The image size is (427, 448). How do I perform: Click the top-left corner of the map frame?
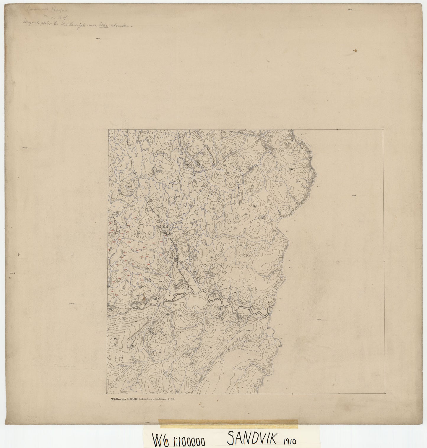[108, 129]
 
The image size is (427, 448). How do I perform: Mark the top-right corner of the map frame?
[384, 129]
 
